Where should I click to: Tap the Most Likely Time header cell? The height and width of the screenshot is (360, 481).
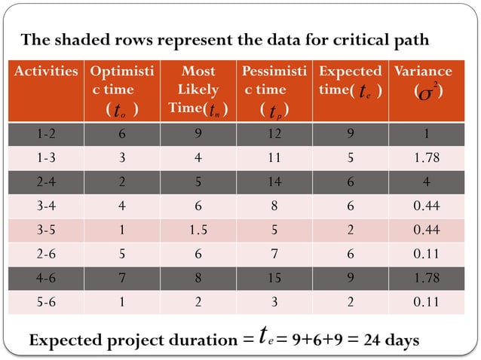[x=199, y=90]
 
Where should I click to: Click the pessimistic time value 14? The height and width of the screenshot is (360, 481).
[x=274, y=182]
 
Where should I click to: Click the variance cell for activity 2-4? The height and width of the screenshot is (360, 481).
[x=427, y=182]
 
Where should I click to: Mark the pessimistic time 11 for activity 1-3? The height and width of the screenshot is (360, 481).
[x=274, y=158]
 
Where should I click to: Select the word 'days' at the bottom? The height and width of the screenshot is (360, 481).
[x=403, y=340]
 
